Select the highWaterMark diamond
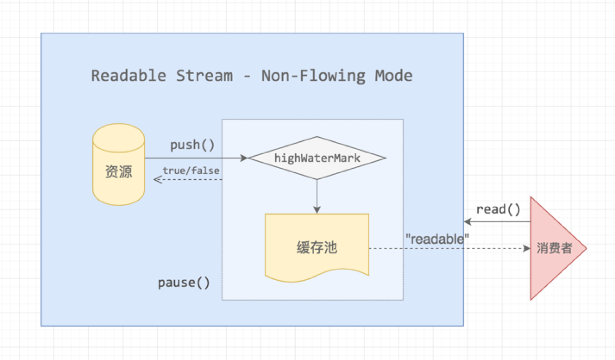click(317, 158)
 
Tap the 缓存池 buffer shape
click(317, 247)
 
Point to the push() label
click(192, 145)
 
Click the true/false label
click(191, 171)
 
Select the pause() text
click(183, 283)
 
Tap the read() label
click(498, 209)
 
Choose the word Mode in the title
click(394, 76)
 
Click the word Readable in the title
click(129, 76)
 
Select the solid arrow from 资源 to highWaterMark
click(195, 158)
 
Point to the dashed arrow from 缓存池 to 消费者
click(446, 248)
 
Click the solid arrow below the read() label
click(497, 222)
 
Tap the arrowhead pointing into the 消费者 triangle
click(527, 248)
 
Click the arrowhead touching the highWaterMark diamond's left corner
click(244, 158)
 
